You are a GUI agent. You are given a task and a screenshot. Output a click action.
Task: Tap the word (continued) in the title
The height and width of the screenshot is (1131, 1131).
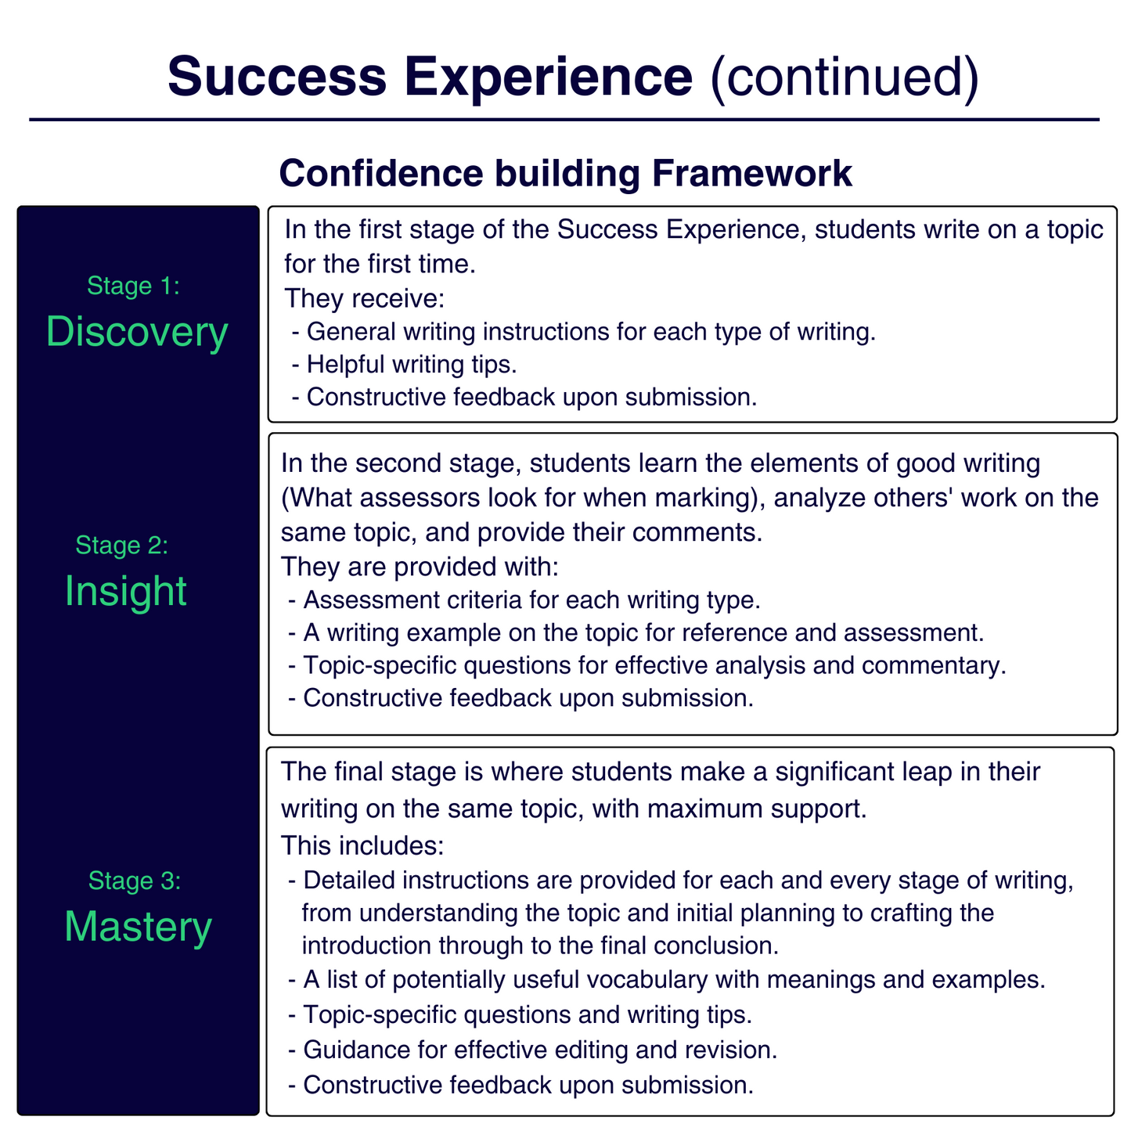pyautogui.click(x=843, y=76)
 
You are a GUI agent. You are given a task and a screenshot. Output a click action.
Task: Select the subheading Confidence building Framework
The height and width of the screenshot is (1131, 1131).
pyautogui.click(x=565, y=173)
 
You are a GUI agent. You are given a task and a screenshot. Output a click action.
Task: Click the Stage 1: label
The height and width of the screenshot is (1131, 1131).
pyautogui.click(x=134, y=286)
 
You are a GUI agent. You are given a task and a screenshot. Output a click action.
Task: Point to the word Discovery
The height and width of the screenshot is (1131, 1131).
pyautogui.click(x=137, y=332)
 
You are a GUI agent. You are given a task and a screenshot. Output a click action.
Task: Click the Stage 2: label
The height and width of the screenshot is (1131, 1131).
pyautogui.click(x=122, y=545)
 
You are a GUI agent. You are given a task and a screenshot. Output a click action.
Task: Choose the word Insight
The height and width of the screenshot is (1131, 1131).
pyautogui.click(x=126, y=591)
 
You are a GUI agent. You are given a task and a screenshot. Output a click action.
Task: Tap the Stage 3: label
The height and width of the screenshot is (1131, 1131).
pyautogui.click(x=135, y=881)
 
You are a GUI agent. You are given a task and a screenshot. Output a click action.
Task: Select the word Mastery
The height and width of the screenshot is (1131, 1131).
pyautogui.click(x=138, y=927)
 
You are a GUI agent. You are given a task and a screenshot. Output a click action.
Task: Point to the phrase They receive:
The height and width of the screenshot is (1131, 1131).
pyautogui.click(x=364, y=298)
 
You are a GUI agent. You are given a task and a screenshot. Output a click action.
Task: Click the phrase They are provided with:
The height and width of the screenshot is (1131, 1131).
pyautogui.click(x=418, y=566)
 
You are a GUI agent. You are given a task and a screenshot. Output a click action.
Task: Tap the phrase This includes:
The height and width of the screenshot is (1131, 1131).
pyautogui.click(x=362, y=845)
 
